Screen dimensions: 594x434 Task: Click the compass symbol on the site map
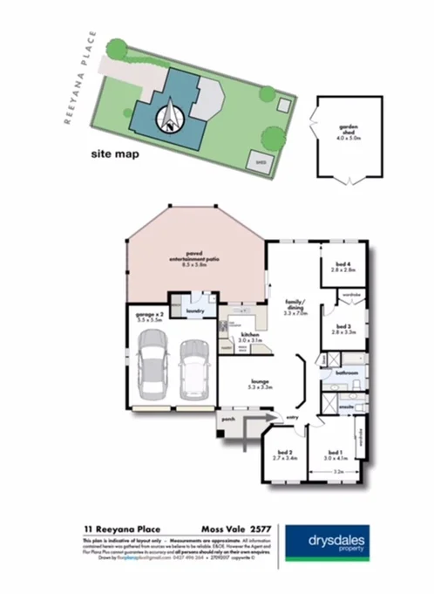(x=172, y=115)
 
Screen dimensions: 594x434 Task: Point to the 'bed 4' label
(x=341, y=267)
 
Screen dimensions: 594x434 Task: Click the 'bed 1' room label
(x=335, y=454)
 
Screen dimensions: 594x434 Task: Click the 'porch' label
(x=227, y=420)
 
